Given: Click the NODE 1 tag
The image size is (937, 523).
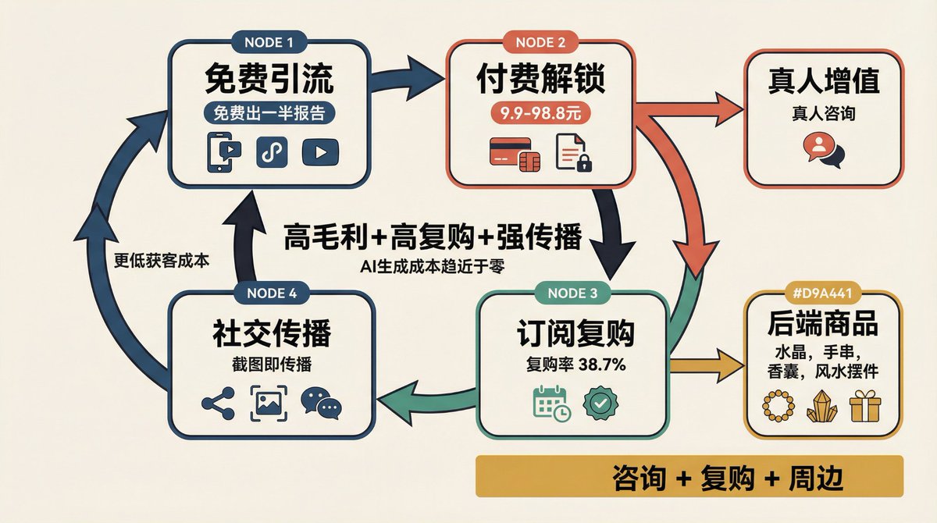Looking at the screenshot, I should click(x=269, y=43).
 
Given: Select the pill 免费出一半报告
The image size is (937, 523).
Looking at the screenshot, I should click(x=269, y=113).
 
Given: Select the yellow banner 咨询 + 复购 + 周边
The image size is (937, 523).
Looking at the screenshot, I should click(x=689, y=476).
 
